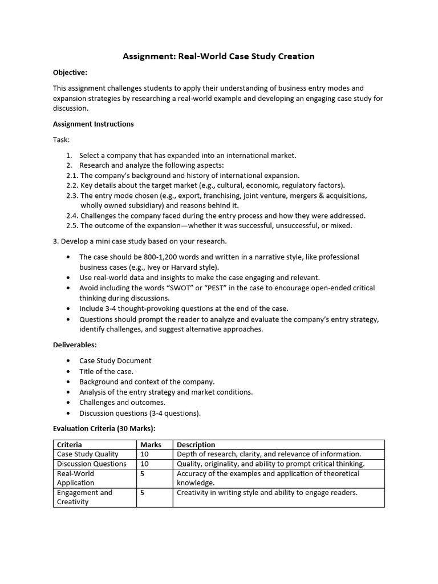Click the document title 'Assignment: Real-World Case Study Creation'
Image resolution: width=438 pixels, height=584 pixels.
pos(219,56)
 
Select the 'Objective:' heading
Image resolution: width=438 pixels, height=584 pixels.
pos(70,72)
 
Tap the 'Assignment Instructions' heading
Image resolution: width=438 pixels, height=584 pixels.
pos(93,124)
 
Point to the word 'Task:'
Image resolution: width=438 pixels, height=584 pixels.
pos(61,140)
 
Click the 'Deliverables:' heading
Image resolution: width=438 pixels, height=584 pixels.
pos(75,344)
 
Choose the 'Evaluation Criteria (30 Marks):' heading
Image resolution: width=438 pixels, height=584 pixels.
pos(104,428)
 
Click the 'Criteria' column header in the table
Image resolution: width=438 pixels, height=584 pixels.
pos(70,445)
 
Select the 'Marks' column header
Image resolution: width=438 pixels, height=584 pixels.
pos(151,445)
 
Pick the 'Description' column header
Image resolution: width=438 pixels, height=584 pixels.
pos(196,445)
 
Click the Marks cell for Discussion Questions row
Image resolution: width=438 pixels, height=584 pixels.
pos(144,464)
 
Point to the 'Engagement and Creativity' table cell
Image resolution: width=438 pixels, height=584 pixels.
pos(84,497)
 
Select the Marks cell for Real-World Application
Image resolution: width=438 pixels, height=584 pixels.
pos(143,473)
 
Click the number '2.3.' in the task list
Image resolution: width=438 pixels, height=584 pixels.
pos(72,195)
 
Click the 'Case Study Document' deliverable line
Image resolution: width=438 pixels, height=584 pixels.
pos(115,360)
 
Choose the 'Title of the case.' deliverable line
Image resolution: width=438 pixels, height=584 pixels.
pos(106,371)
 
